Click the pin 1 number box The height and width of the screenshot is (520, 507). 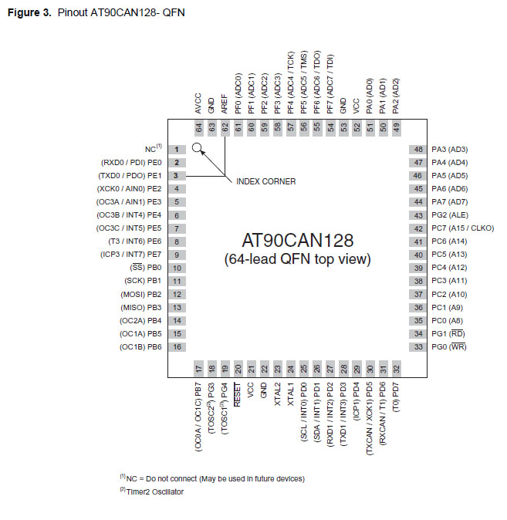point(177,149)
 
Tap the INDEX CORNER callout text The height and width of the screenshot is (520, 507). point(264,182)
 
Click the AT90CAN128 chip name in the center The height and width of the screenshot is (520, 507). point(297,240)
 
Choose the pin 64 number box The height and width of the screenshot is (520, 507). point(198,127)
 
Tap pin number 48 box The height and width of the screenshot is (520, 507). point(419,149)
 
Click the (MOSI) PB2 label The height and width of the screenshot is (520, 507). point(141,294)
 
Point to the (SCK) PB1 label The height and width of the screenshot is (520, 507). point(143,281)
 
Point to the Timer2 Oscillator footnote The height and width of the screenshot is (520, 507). point(153,491)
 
